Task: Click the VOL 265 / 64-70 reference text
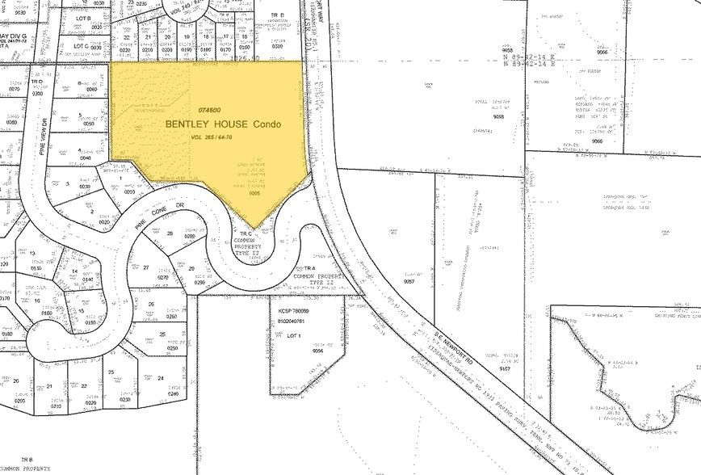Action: [212, 138]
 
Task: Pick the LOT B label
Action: [82, 17]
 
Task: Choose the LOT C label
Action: [80, 47]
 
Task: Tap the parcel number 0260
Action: [171, 317]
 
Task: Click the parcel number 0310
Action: [277, 46]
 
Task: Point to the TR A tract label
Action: [309, 267]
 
